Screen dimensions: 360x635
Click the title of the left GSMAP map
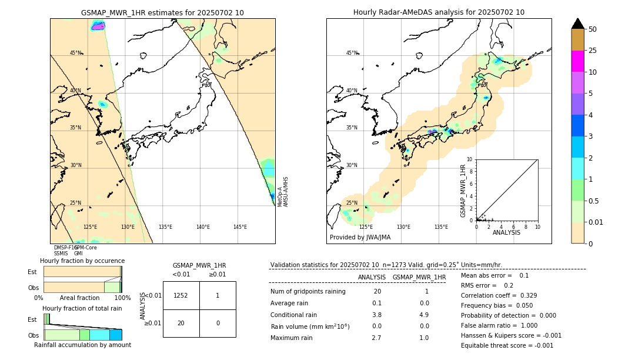162,12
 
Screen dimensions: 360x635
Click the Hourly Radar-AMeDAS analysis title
439,12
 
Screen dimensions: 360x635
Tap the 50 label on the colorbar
593,29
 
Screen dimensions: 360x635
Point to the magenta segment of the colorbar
577,62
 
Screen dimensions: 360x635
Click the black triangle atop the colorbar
577,24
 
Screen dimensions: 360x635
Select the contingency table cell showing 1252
181,295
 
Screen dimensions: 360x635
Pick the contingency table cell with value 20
181,323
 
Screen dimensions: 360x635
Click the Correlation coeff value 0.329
525,295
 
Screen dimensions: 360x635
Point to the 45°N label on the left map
75,53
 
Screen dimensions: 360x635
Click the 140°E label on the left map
203,227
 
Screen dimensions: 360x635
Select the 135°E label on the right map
441,227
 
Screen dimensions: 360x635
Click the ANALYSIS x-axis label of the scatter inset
506,232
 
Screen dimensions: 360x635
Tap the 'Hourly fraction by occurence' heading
82,261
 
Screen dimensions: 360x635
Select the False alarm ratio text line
507,325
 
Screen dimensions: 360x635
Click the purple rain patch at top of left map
98,26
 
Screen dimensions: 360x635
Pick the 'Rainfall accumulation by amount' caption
82,345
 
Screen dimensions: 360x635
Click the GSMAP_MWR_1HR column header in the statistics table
419,277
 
